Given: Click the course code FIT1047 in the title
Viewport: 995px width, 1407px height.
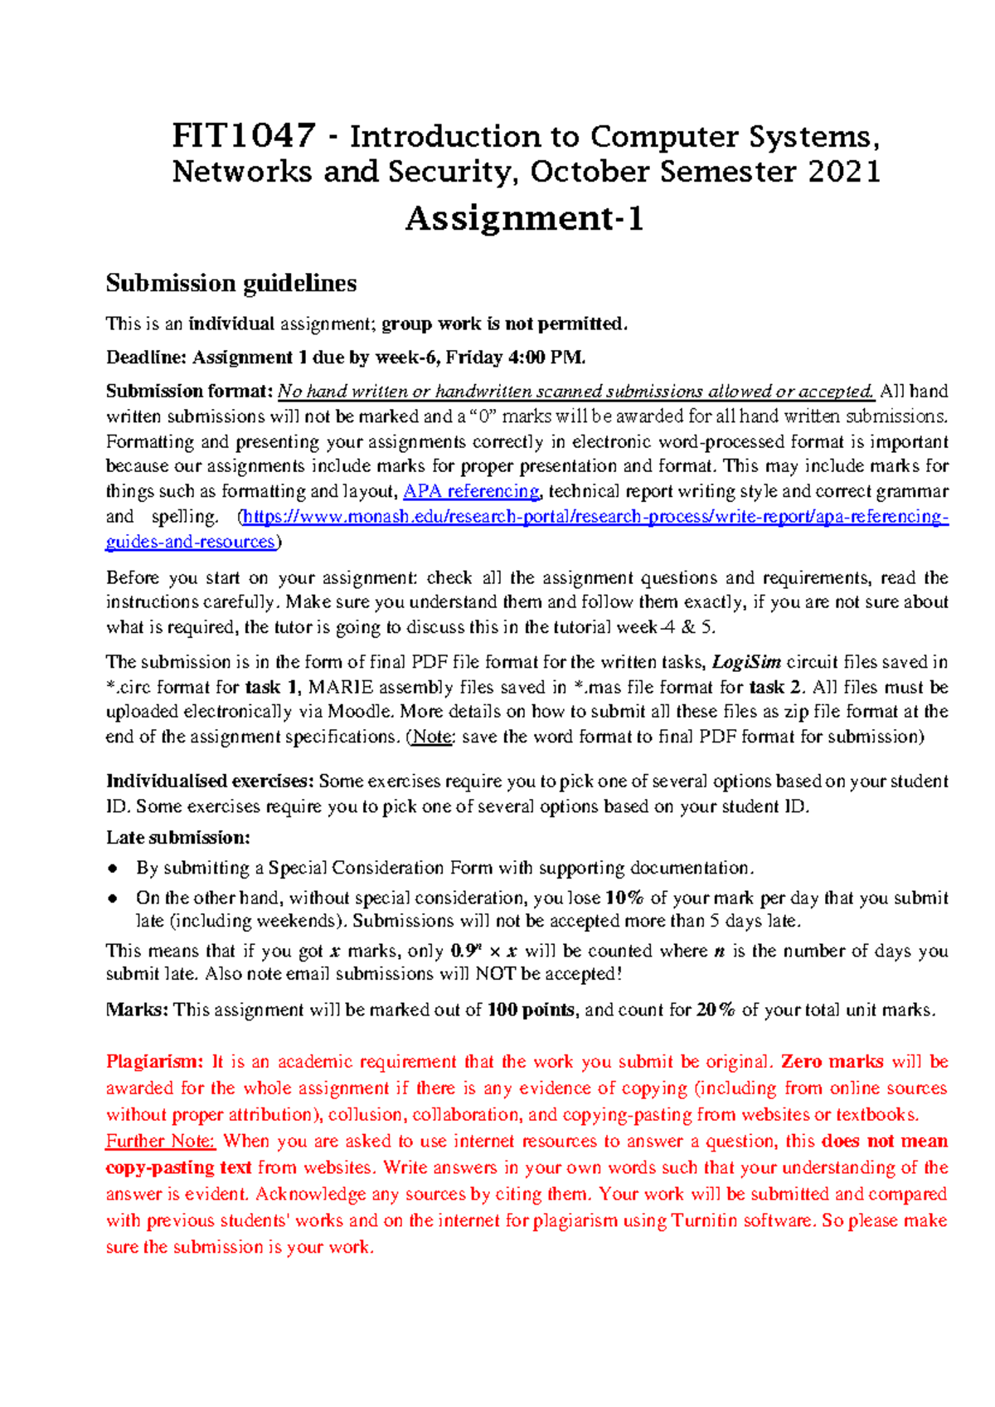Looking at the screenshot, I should pyautogui.click(x=243, y=135).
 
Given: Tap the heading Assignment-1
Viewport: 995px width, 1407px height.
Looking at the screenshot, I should pyautogui.click(x=524, y=219).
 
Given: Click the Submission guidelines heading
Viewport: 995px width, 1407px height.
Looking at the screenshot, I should pyautogui.click(x=231, y=284).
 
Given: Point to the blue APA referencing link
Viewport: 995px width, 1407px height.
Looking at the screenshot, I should pyautogui.click(x=471, y=491).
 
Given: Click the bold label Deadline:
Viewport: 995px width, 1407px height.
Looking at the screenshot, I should pyautogui.click(x=146, y=358).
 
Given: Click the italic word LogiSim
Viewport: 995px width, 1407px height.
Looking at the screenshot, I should pyautogui.click(x=746, y=662).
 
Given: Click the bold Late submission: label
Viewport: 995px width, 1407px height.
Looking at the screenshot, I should pyautogui.click(x=177, y=837).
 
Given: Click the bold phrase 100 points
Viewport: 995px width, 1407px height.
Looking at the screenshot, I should pyautogui.click(x=531, y=1010).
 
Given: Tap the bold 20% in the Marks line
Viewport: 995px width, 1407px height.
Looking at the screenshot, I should pyautogui.click(x=716, y=1010).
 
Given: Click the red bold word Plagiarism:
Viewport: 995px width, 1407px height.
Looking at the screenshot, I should pyautogui.click(x=154, y=1062).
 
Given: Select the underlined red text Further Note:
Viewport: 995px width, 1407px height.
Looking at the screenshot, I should pyautogui.click(x=160, y=1142).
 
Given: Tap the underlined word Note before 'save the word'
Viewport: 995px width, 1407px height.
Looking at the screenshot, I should pyautogui.click(x=432, y=737).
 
